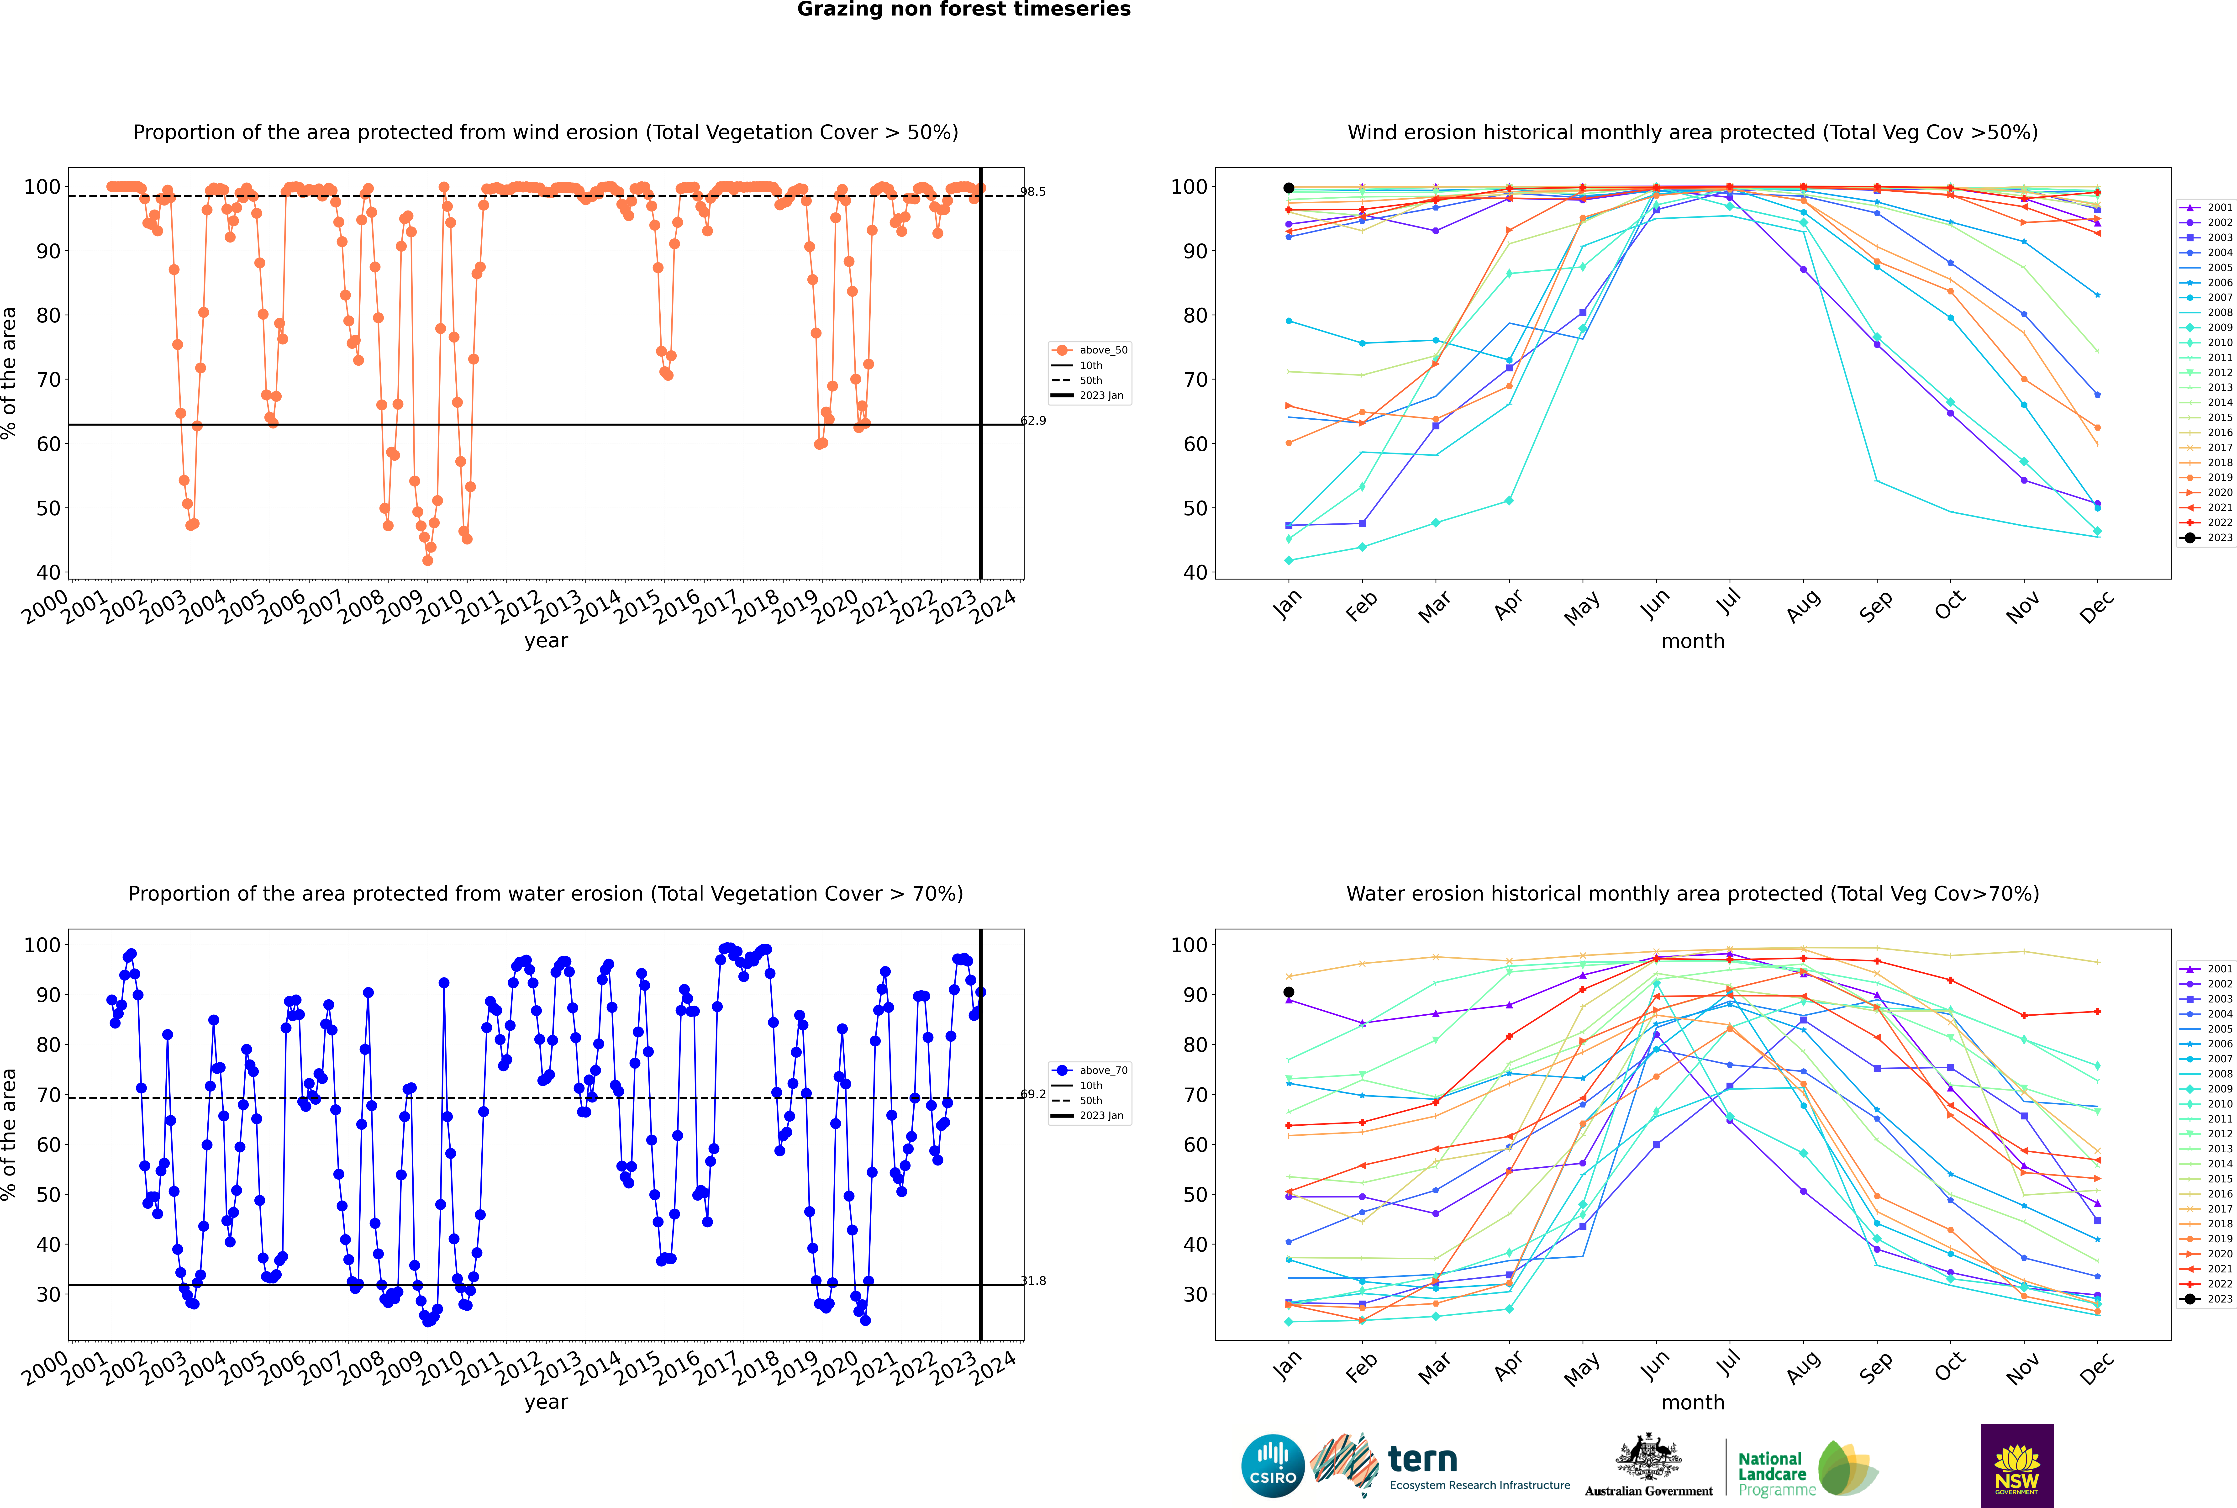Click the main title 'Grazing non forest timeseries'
pyautogui.click(x=964, y=10)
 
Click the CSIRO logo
pyautogui.click(x=1272, y=1466)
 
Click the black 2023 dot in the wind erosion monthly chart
pyautogui.click(x=1289, y=188)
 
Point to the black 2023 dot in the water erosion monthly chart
pyautogui.click(x=1289, y=991)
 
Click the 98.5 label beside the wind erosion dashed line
pyautogui.click(x=1033, y=191)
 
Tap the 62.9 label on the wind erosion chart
pyautogui.click(x=1033, y=420)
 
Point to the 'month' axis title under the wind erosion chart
pyautogui.click(x=1693, y=642)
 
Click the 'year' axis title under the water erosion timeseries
pyautogui.click(x=546, y=1402)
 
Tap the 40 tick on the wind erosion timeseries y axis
pyautogui.click(x=48, y=572)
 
